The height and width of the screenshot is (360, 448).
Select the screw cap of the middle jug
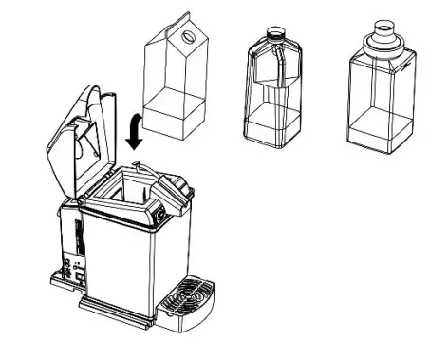pyautogui.click(x=276, y=32)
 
